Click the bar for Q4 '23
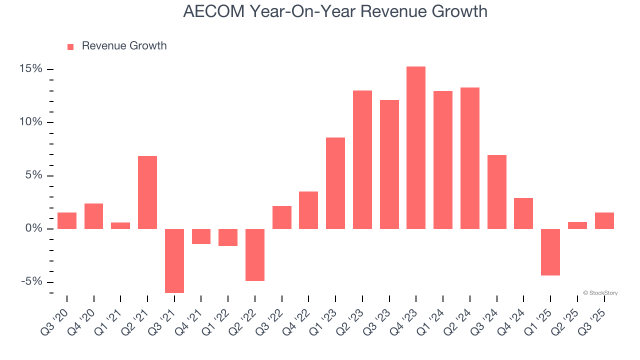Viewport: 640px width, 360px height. tap(416, 147)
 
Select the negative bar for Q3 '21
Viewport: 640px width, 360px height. tap(174, 260)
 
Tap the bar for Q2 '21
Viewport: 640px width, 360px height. tap(147, 192)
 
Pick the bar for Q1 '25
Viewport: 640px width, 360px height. tap(550, 252)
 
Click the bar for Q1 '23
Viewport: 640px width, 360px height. tap(335, 183)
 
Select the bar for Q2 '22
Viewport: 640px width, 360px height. tap(255, 254)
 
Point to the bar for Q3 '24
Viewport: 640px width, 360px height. tap(497, 192)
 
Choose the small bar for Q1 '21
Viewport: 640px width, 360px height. tap(120, 225)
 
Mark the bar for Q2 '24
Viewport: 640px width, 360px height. tap(470, 158)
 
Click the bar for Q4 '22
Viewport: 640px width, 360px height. tap(308, 210)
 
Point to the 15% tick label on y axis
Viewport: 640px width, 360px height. tap(31, 69)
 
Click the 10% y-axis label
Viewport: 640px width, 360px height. tap(31, 122)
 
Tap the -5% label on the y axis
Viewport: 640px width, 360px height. tap(31, 282)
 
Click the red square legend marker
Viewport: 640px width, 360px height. tap(70, 47)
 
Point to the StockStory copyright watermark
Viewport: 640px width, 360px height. tap(600, 293)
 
